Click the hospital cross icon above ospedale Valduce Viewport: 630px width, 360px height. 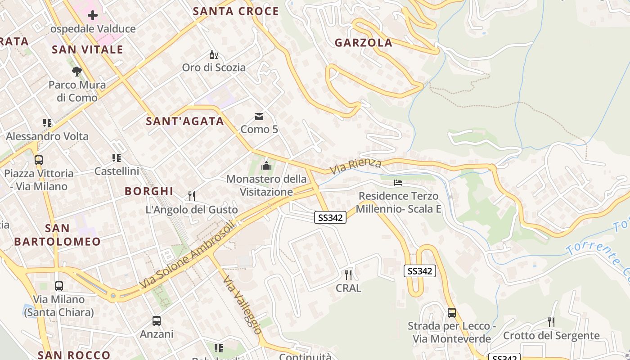[x=92, y=15]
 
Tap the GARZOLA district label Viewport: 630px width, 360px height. [x=363, y=43]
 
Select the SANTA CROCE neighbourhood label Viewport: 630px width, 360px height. [x=236, y=11]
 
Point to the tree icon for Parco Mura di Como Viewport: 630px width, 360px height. [x=77, y=71]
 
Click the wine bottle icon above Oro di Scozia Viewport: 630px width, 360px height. [x=214, y=55]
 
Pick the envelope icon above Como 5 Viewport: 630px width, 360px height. [x=259, y=117]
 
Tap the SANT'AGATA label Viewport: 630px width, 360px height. [x=185, y=121]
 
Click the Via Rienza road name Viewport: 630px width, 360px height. [x=356, y=166]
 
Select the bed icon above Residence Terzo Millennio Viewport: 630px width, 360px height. [x=398, y=183]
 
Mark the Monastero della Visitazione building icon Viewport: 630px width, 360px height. [x=266, y=166]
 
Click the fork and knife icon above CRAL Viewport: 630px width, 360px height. [x=348, y=274]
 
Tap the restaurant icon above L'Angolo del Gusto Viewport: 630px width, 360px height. [x=192, y=196]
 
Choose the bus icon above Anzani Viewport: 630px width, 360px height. [x=157, y=321]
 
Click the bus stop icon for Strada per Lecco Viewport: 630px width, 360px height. [x=452, y=313]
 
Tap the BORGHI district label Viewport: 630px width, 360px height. [x=149, y=191]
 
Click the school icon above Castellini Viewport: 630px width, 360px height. [x=117, y=158]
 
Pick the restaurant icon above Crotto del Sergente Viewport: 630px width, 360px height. [x=551, y=322]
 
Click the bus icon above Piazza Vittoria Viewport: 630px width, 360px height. [x=39, y=160]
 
